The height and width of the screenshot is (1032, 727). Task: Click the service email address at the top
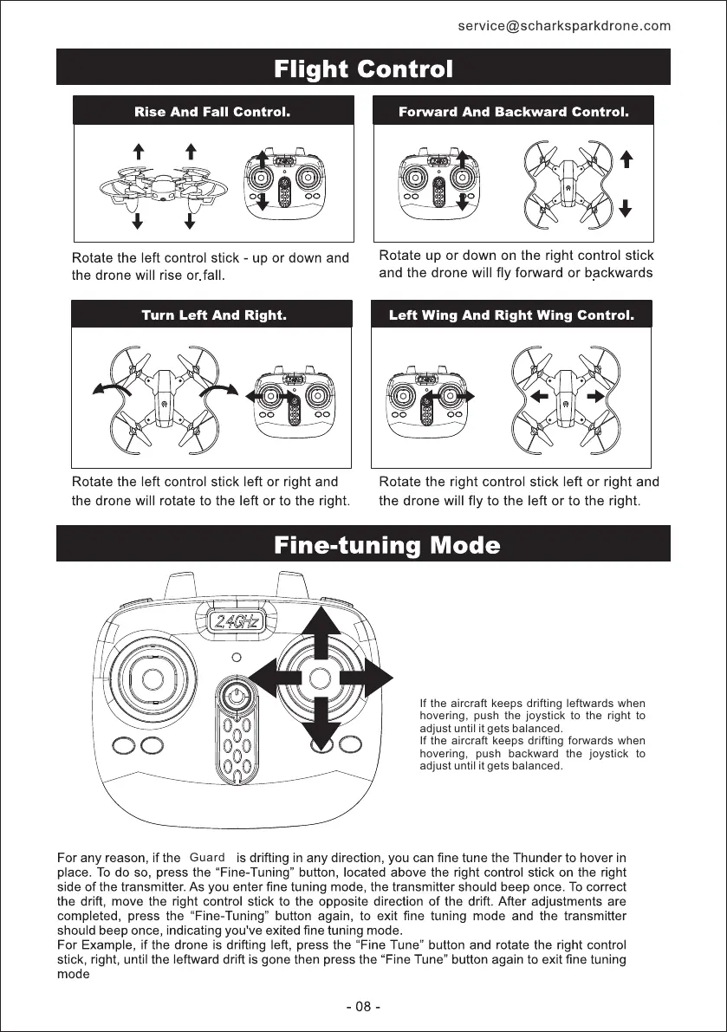[x=564, y=26]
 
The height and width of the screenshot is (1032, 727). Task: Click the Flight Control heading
[x=363, y=68]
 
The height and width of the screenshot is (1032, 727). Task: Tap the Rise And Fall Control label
[x=211, y=112]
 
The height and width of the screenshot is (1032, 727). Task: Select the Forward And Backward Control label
[x=513, y=112]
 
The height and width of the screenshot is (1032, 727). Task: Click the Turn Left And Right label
[x=213, y=315]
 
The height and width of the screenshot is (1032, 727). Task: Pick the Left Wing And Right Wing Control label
[x=511, y=315]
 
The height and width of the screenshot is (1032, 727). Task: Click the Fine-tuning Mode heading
[x=386, y=546]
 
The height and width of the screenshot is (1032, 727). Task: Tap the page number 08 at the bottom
[x=363, y=1007]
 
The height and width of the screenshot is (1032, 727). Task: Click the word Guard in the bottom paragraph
[x=207, y=858]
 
